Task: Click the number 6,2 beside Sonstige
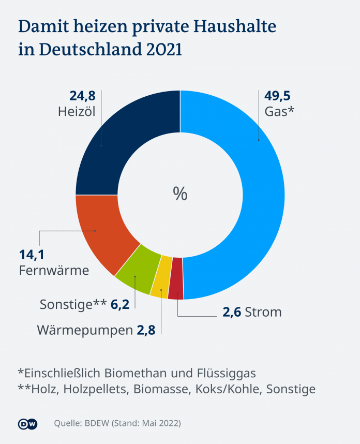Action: tap(119, 304)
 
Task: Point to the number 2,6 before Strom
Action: tap(231, 312)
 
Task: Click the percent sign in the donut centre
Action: tap(180, 194)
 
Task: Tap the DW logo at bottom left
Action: tap(27, 423)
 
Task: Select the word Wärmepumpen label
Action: tap(84, 330)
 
